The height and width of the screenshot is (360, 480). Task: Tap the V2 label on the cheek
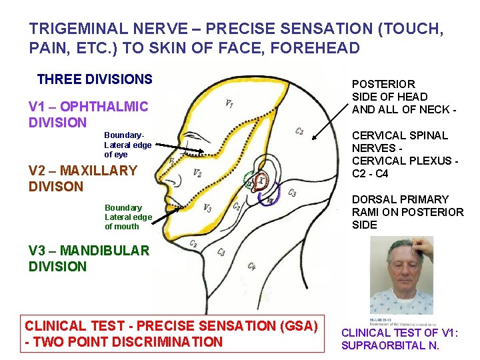pos(197,173)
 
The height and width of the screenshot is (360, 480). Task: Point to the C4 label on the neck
pos(251,267)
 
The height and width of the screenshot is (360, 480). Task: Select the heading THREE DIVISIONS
pos(95,79)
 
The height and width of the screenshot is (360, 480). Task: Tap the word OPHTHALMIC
pos(107,107)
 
